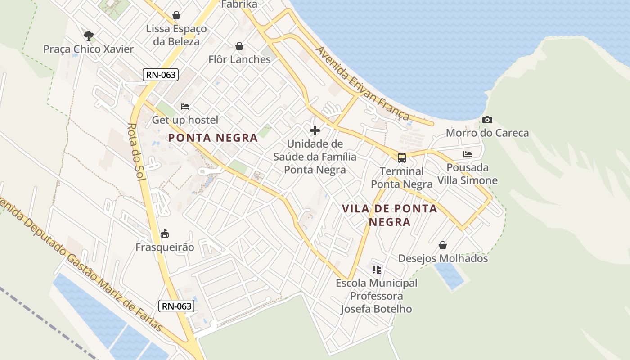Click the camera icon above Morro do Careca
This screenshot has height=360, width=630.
coord(487,120)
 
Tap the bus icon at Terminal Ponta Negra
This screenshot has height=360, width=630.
coord(402,158)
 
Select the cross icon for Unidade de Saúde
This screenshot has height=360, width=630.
coord(315,130)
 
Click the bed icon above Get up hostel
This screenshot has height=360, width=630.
coord(184,107)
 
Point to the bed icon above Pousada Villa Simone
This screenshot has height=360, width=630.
coord(468,154)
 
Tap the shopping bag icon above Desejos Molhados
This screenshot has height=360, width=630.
coord(443,245)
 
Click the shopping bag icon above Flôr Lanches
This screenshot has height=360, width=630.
coord(239,46)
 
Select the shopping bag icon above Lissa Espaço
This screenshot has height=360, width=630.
coord(176,16)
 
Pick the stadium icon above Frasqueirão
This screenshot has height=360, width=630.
coord(165,234)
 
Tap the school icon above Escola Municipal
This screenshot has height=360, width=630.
coord(377,270)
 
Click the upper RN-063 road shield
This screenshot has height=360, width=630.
coord(161,75)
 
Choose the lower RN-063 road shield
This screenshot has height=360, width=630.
coord(177,306)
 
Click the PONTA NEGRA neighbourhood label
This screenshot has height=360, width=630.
coord(213,138)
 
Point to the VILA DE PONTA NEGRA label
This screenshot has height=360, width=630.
coord(390,215)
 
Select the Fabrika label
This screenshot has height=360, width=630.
coord(239,4)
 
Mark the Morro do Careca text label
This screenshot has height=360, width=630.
coord(487,133)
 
